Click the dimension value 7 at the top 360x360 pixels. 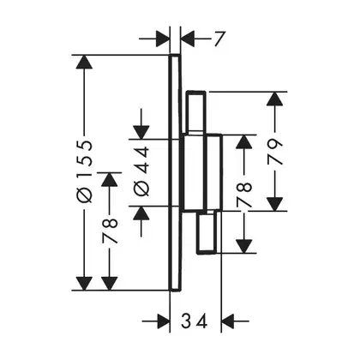pos(219,39)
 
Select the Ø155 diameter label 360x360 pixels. pos(85,171)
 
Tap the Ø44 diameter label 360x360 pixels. pos(141,171)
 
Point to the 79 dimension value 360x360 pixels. pos(275,152)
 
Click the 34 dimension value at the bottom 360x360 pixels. pos(194,321)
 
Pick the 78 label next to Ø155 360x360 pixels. pos(110,231)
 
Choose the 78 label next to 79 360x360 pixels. pos(244,195)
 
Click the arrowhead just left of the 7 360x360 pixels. pos(188,39)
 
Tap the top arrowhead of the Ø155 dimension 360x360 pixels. pos(84,62)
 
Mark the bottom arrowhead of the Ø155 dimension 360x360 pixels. pos(84,283)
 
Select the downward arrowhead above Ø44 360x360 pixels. pos(141,132)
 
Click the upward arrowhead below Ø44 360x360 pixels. pos(141,213)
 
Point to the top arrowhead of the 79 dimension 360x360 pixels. pos(274,99)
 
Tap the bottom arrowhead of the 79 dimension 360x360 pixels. pos(274,204)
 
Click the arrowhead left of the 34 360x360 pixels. pos(164,321)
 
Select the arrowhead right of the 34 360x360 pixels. pos(228,321)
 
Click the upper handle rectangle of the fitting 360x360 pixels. pos(196,112)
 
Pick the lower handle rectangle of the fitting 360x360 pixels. pos(207,232)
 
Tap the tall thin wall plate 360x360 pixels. pos(175,172)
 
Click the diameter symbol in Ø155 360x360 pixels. pos(85,196)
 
